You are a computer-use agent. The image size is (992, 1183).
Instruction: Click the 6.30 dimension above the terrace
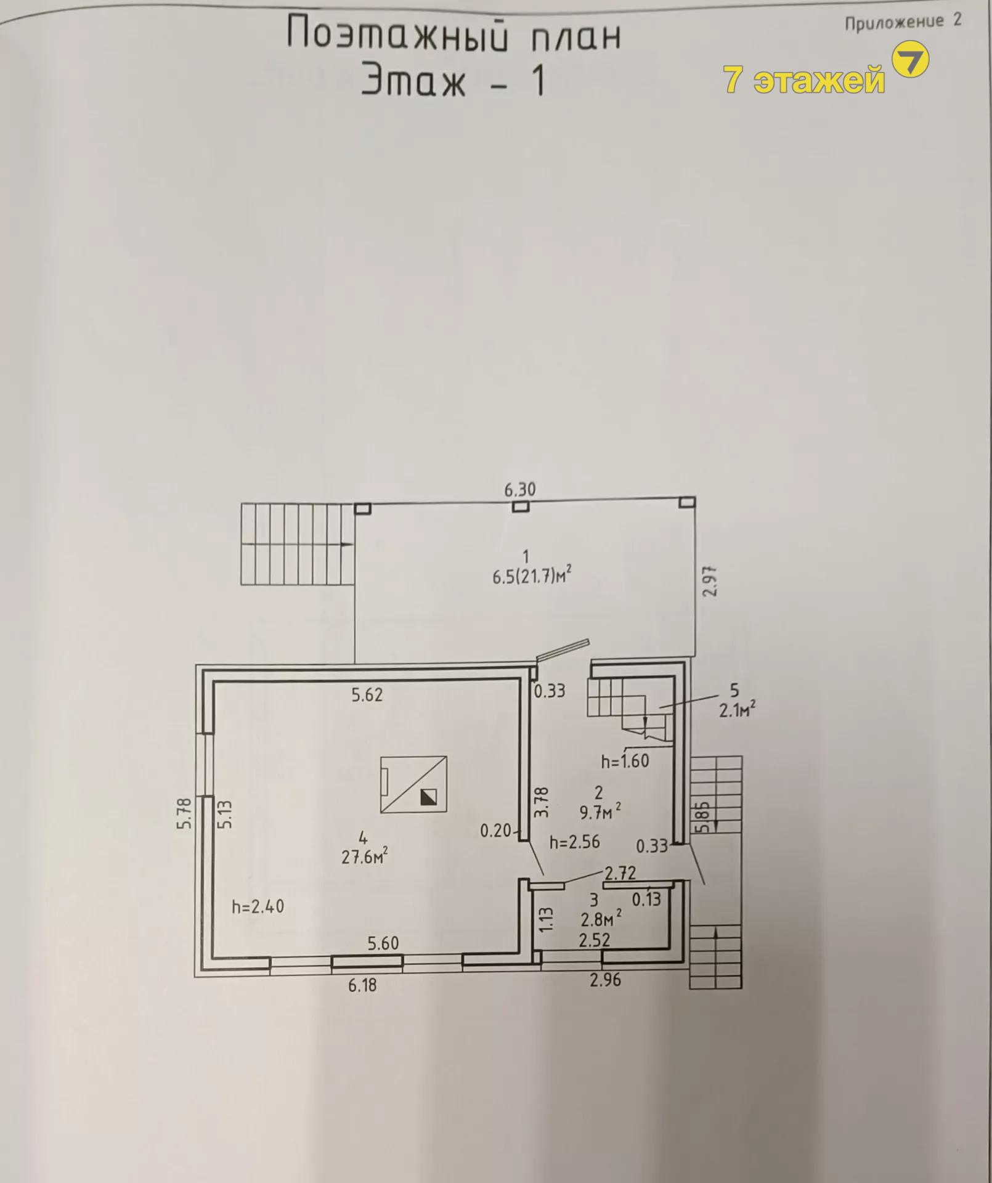pos(520,490)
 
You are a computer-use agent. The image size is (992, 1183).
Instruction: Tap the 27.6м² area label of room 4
pos(365,856)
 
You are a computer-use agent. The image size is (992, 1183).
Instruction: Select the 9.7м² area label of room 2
pos(600,812)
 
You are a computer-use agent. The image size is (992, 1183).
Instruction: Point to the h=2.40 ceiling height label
pos(258,906)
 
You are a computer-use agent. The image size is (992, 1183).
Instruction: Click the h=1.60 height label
pos(625,761)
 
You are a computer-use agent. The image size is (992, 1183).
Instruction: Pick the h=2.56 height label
pos(574,842)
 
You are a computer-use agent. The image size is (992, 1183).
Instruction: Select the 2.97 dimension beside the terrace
pos(710,580)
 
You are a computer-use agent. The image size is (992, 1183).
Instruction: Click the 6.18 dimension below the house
pos(362,985)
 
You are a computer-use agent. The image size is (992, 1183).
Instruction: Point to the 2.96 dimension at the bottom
pos(605,980)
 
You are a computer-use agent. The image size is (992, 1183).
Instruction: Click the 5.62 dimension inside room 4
pos(367,695)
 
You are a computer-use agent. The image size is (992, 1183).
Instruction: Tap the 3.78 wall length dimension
pos(540,802)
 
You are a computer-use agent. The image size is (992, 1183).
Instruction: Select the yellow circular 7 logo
pos(911,59)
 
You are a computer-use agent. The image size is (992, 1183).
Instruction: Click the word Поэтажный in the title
pos(398,35)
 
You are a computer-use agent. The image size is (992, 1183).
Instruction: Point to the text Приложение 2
pos(903,22)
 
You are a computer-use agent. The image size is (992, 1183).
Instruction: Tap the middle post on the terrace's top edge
pos(521,506)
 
